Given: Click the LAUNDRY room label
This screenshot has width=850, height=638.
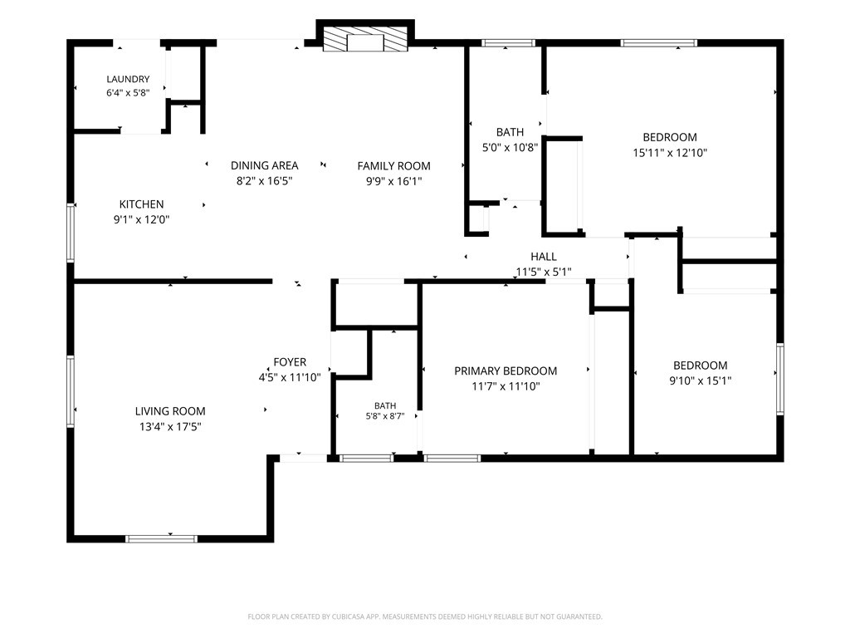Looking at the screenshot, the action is [x=128, y=79].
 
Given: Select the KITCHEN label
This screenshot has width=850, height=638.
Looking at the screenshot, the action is [x=141, y=204].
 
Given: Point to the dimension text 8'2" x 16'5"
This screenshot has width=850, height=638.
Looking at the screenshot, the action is [x=265, y=180].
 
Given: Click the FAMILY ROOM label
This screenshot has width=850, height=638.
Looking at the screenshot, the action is [x=394, y=166].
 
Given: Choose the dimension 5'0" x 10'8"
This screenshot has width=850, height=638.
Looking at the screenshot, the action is [x=510, y=147].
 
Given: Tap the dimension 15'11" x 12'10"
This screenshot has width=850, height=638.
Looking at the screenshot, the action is [x=670, y=153].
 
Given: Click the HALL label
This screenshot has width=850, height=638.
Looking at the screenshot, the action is [x=544, y=257].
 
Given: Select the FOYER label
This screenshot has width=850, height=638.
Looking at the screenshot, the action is [x=290, y=362].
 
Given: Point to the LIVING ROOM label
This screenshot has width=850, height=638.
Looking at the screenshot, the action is [x=170, y=411].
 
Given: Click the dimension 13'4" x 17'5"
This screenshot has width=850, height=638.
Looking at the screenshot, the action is [x=170, y=427].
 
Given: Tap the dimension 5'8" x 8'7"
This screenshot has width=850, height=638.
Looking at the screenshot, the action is [x=385, y=417].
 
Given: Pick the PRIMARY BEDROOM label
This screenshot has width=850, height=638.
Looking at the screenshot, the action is [x=506, y=371].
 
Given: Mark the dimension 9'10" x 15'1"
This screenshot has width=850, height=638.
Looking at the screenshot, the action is [x=701, y=380].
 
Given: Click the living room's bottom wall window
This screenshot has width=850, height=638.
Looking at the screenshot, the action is [x=162, y=538].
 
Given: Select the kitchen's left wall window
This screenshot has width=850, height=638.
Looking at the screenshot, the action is [x=71, y=233].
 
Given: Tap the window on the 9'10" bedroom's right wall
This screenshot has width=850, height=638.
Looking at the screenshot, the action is [x=780, y=379].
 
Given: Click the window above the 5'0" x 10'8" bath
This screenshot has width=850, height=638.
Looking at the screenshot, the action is [x=509, y=43].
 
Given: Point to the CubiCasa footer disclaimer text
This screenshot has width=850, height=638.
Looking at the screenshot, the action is [x=425, y=617].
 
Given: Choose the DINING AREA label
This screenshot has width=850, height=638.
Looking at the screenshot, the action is [x=265, y=165].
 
